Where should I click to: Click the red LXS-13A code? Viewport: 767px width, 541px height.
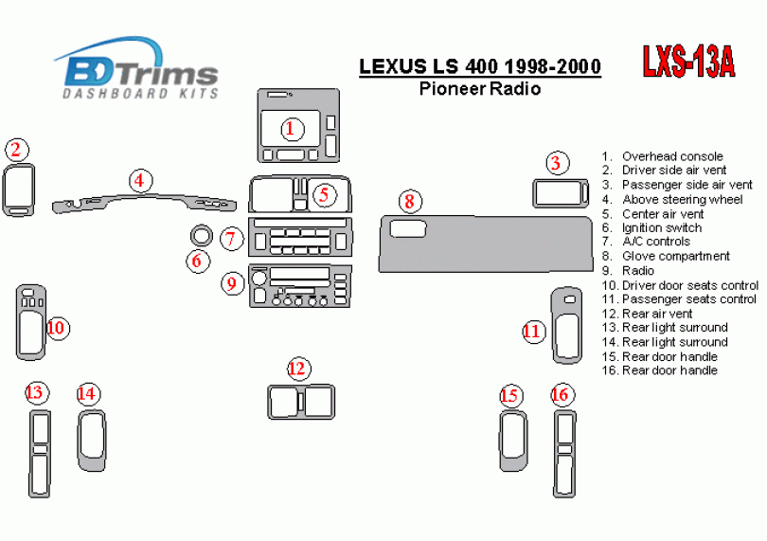pyautogui.click(x=688, y=62)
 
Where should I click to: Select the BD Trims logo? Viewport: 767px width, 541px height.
pyautogui.click(x=136, y=67)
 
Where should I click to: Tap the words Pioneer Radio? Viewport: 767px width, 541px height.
pyautogui.click(x=480, y=89)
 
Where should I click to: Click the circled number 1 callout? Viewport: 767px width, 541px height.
pyautogui.click(x=292, y=129)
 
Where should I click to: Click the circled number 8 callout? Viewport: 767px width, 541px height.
pyautogui.click(x=409, y=201)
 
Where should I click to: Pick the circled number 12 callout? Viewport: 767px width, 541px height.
pyautogui.click(x=297, y=369)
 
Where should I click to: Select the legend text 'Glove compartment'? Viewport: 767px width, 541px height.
pyautogui.click(x=675, y=256)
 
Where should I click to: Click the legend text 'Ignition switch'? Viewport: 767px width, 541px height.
pyautogui.click(x=661, y=227)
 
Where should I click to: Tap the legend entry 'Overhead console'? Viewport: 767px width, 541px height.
pyautogui.click(x=672, y=156)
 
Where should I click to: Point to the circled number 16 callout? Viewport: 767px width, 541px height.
pyautogui.click(x=562, y=394)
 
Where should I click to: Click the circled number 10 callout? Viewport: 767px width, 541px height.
pyautogui.click(x=57, y=328)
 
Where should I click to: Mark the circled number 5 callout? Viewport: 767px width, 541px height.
pyautogui.click(x=324, y=195)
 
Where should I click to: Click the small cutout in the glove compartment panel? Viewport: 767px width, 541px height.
pyautogui.click(x=407, y=228)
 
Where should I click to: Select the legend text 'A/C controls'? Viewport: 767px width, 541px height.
pyautogui.click(x=656, y=242)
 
